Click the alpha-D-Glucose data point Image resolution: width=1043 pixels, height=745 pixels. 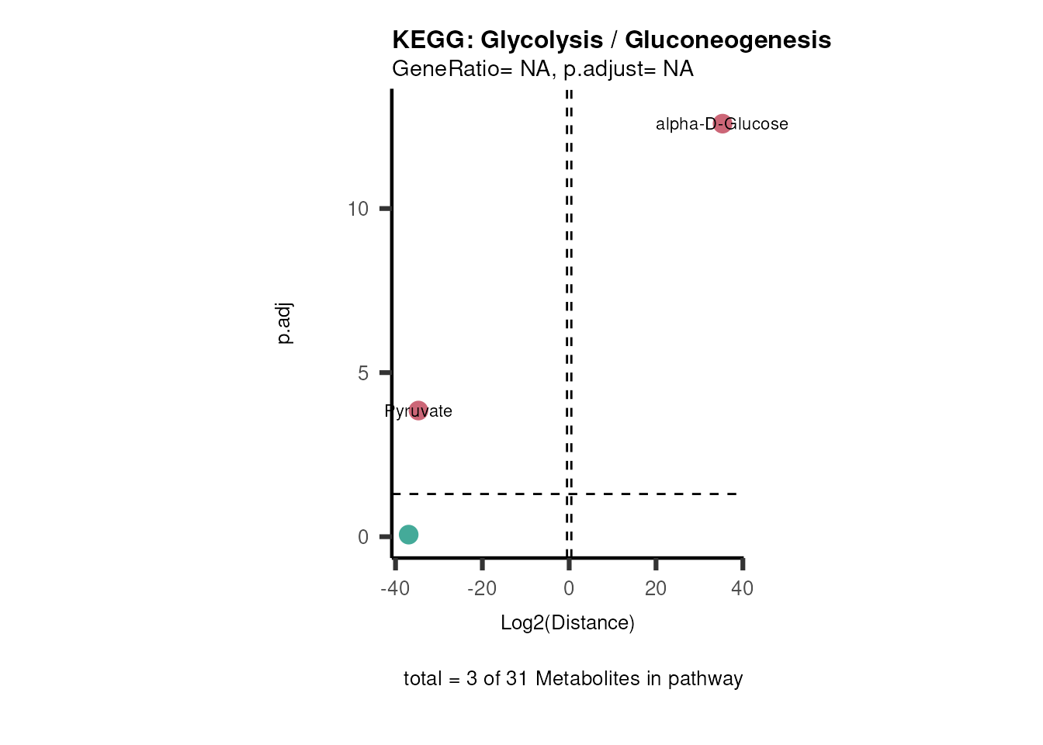722,123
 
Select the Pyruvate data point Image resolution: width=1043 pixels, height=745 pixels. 418,411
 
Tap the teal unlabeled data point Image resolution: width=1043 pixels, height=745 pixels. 409,534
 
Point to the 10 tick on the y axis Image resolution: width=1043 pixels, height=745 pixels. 358,209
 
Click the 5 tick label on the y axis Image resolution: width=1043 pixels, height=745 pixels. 363,373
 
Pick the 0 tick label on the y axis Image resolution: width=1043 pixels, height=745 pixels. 363,537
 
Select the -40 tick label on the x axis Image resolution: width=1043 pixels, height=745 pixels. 395,588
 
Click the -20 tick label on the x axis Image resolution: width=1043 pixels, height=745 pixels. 482,588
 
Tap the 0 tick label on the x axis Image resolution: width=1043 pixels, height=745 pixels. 569,588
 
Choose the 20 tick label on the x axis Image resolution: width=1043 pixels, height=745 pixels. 656,588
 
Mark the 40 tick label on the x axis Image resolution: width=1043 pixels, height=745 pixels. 743,588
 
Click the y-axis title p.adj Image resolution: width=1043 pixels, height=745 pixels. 285,324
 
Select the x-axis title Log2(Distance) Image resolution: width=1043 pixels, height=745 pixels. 567,622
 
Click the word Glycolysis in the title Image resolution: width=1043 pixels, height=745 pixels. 542,40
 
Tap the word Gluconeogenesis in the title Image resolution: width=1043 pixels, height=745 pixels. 728,40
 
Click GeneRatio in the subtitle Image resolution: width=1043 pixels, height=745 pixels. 446,69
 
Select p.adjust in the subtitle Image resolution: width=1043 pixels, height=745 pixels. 600,69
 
